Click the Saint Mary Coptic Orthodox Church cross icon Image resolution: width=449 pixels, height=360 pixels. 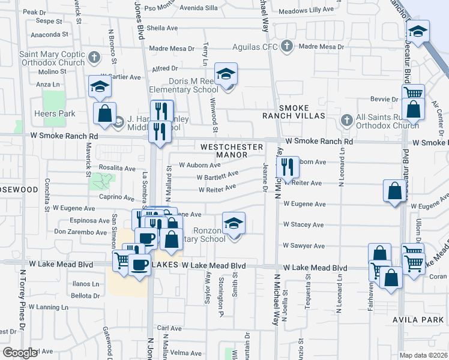tap(93, 58)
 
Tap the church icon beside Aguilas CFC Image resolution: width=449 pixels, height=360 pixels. tap(287, 46)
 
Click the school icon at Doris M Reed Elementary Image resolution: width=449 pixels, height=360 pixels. tap(226, 74)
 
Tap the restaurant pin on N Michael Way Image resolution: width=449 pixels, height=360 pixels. tap(288, 168)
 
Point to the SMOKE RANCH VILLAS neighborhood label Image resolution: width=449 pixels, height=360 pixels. tap(294, 115)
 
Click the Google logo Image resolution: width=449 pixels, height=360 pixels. tap(20, 353)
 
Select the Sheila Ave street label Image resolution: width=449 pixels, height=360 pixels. tap(162, 28)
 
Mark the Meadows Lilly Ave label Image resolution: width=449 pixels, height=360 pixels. tap(305, 11)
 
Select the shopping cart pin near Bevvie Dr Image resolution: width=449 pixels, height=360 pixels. tap(413, 94)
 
